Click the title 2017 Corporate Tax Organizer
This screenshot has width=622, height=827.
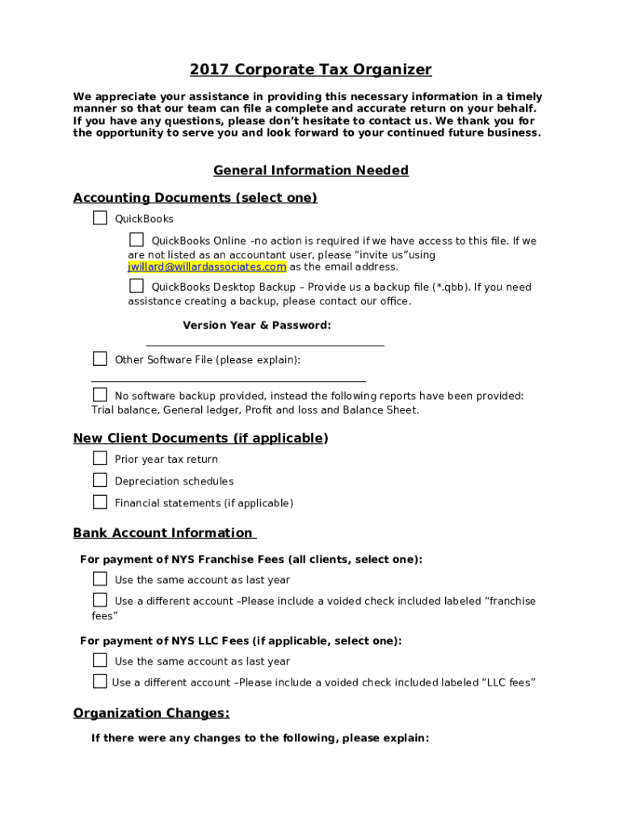tap(311, 69)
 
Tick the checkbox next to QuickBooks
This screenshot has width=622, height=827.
tap(99, 218)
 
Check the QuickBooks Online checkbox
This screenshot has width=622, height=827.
tap(137, 240)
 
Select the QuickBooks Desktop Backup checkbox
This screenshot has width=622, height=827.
tap(137, 286)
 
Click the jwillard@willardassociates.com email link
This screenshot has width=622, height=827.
tap(207, 267)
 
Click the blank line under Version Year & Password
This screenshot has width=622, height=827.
tap(265, 345)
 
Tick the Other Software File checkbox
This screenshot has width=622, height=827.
tap(99, 359)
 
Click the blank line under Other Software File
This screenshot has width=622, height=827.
tap(229, 380)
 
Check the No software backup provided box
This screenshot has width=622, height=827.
tap(99, 395)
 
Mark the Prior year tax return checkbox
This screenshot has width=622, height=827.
tap(99, 459)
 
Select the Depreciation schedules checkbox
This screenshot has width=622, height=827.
tap(99, 481)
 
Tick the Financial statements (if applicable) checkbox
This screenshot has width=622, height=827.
tap(99, 502)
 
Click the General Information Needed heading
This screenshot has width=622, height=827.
tap(311, 170)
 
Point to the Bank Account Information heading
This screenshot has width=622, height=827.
tap(164, 533)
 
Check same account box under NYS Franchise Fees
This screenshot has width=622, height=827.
tap(99, 579)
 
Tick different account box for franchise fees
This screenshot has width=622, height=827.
tap(99, 600)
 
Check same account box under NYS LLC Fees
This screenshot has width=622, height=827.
tap(99, 661)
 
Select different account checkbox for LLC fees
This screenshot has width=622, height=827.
tap(99, 682)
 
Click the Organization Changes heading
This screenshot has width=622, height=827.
tap(151, 713)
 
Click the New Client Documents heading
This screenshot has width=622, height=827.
tap(200, 439)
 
